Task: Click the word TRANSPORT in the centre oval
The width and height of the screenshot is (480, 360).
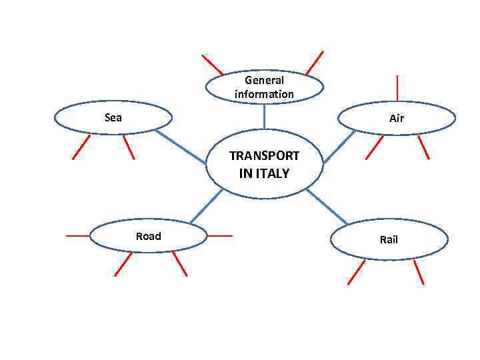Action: click(264, 156)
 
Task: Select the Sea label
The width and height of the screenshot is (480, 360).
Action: click(113, 117)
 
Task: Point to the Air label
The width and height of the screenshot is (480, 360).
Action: click(397, 119)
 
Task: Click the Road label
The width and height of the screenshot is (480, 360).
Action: click(148, 236)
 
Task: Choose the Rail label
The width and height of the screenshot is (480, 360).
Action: click(389, 239)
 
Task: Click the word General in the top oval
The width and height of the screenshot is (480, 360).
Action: click(264, 81)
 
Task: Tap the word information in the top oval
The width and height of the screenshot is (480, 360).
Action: click(264, 94)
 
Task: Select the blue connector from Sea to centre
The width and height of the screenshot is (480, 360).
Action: click(181, 147)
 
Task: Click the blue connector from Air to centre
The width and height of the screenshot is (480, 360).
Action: click(339, 147)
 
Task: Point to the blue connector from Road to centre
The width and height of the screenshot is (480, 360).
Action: click(206, 205)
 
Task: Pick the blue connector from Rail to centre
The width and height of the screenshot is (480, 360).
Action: click(327, 206)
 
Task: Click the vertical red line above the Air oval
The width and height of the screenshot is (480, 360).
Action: click(397, 87)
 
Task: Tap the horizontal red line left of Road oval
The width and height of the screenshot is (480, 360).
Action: click(77, 235)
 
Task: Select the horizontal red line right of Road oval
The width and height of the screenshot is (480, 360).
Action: click(220, 235)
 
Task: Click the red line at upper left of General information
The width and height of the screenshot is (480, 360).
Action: click(213, 65)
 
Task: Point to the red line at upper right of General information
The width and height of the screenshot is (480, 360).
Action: click(315, 62)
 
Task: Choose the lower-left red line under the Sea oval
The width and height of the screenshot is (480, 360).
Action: click(81, 147)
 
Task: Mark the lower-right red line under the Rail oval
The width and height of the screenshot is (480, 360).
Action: click(419, 272)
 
